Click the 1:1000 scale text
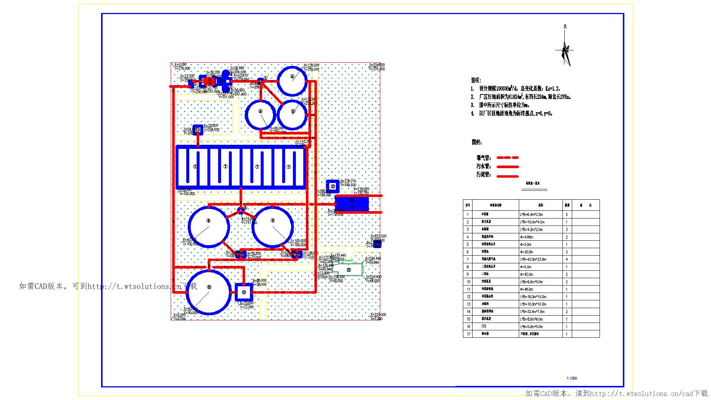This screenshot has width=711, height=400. pyautogui.click(x=572, y=378)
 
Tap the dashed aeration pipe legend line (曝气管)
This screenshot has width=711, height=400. pyautogui.click(x=507, y=158)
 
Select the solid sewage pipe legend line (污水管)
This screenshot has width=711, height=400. pyautogui.click(x=507, y=167)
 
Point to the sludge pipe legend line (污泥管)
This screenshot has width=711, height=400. pyautogui.click(x=507, y=176)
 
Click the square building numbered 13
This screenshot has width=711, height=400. pyautogui.click(x=333, y=186)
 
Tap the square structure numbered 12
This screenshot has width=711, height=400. pyautogui.click(x=244, y=292)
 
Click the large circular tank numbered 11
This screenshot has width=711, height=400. pyautogui.click(x=209, y=292)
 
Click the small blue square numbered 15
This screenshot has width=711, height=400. pyautogui.click(x=198, y=130)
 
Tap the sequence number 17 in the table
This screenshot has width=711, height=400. pyautogui.click(x=468, y=334)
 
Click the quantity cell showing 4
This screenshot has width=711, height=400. pyautogui.click(x=567, y=259)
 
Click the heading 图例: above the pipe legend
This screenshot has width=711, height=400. pyautogui.click(x=477, y=142)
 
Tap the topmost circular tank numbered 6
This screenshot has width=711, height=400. pyautogui.click(x=292, y=81)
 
